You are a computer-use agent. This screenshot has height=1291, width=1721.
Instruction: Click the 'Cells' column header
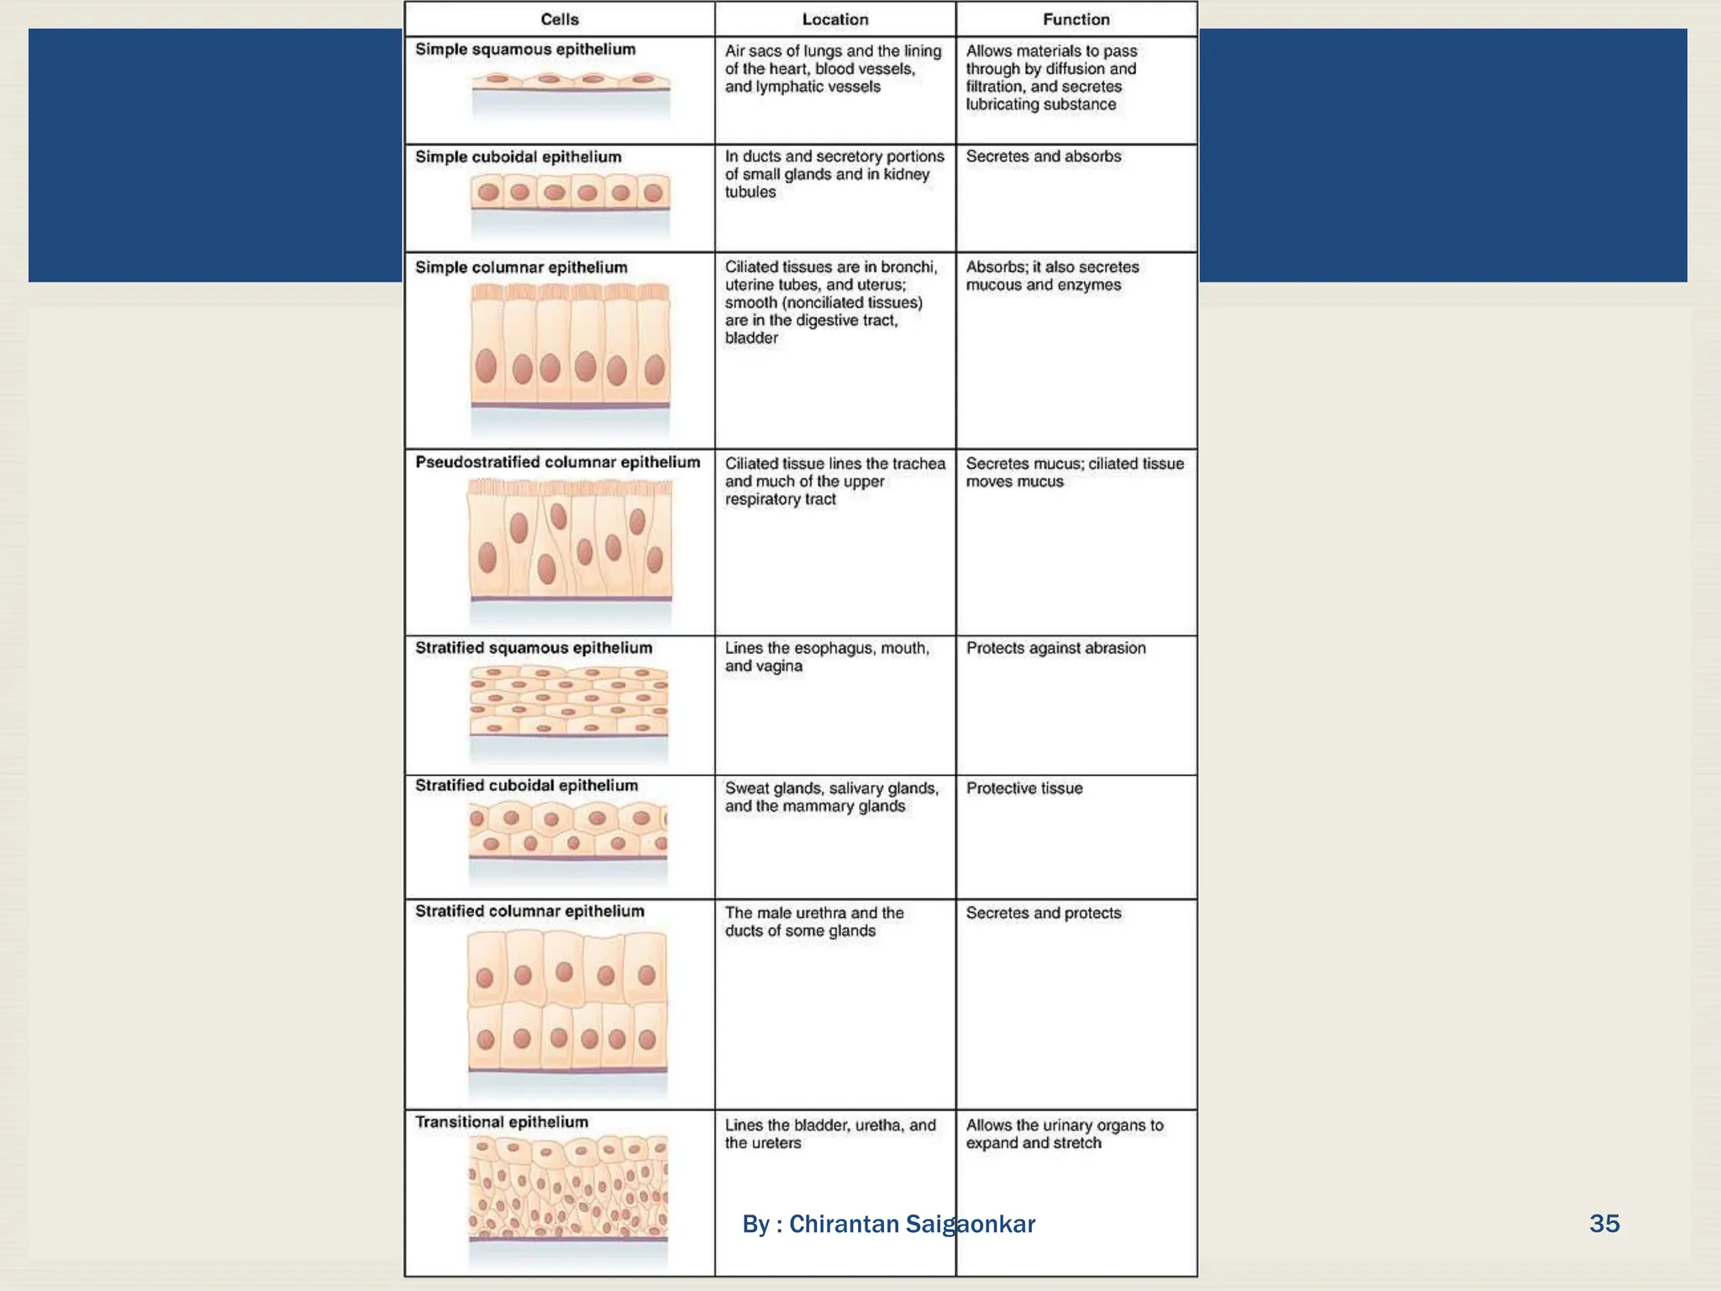(560, 19)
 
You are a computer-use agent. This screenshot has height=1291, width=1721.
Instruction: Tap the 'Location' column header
(834, 19)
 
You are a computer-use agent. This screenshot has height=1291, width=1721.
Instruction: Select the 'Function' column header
(1076, 19)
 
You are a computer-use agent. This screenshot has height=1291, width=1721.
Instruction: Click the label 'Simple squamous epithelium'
(525, 50)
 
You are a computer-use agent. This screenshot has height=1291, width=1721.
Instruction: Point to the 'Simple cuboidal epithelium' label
(518, 157)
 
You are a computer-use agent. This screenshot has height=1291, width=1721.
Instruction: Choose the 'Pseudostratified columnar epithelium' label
(557, 462)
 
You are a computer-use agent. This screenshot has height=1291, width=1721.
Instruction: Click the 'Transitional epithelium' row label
(502, 1122)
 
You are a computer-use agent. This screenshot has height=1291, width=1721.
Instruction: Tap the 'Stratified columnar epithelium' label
(529, 911)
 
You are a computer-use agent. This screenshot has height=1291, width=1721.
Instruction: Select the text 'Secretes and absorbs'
(1043, 156)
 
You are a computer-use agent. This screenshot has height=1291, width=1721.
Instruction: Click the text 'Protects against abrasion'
(1055, 648)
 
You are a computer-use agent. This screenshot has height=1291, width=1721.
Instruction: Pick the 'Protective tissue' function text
(1024, 788)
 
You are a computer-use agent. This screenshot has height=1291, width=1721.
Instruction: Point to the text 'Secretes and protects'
(1043, 913)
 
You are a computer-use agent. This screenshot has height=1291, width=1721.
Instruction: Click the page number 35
(1603, 1223)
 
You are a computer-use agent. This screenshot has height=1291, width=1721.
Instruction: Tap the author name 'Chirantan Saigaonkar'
(912, 1224)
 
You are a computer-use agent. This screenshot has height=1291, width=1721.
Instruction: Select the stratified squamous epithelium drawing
(569, 700)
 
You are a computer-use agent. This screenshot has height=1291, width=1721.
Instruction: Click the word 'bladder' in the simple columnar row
(751, 338)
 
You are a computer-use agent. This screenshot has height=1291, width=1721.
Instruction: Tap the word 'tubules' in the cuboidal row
(750, 192)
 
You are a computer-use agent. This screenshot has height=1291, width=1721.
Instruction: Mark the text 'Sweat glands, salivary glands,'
(831, 788)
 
